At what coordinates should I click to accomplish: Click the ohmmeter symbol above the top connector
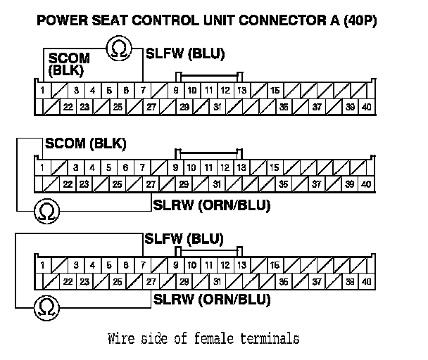coord(118,49)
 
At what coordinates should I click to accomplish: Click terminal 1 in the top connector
coord(42,91)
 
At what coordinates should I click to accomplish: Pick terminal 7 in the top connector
coord(143,91)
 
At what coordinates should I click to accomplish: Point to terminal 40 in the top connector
coord(366,107)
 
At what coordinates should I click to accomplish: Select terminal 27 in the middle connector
coord(151,184)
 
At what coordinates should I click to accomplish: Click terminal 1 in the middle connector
coord(42,168)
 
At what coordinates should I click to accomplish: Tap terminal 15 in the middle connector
coord(275,168)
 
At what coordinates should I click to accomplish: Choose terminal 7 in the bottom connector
coord(143,265)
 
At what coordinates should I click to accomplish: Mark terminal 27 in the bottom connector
coord(151,281)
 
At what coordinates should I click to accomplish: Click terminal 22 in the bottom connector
coord(68,281)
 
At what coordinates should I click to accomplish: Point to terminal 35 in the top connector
coord(283,107)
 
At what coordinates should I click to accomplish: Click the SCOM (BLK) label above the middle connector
coord(85,144)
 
